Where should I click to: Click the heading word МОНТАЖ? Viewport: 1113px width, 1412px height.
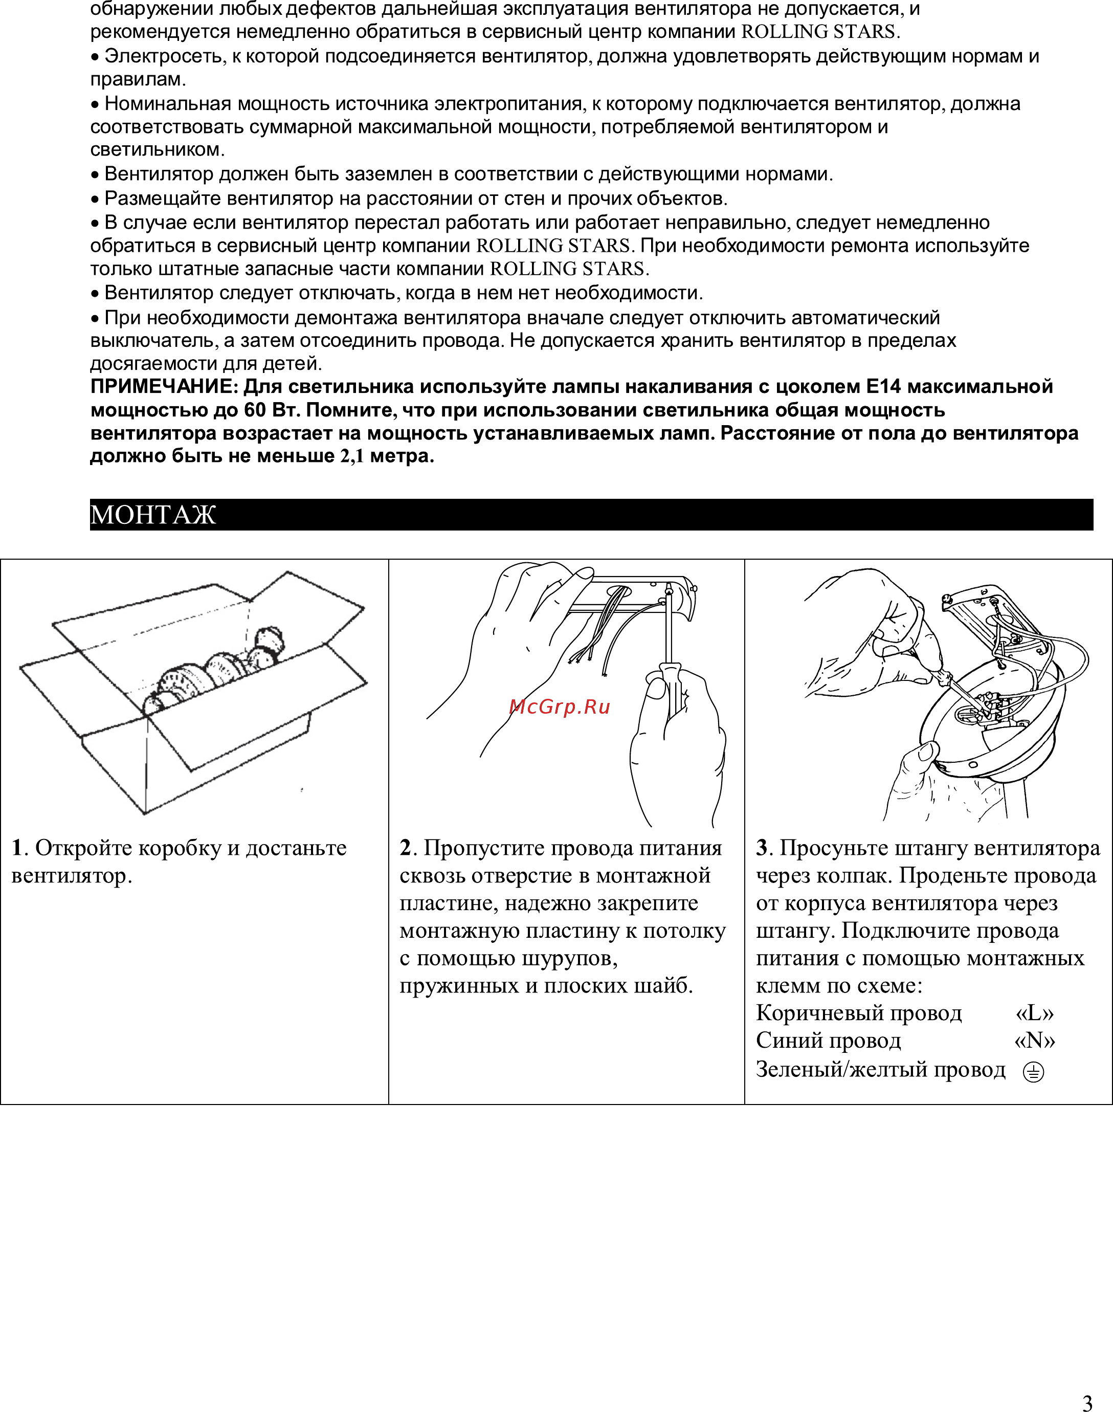coord(152,515)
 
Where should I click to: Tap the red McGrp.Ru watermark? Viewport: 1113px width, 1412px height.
coord(559,707)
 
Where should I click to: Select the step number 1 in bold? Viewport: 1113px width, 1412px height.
coord(17,848)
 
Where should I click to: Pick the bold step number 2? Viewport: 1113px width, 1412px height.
coord(405,848)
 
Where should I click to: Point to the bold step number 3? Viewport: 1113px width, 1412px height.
coord(762,848)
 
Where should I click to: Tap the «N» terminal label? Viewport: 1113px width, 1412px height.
coord(1035,1040)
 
